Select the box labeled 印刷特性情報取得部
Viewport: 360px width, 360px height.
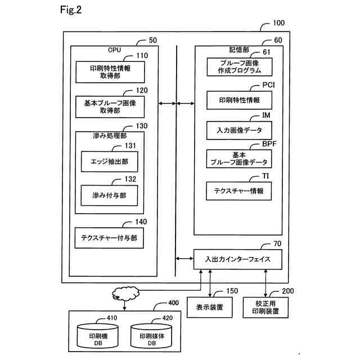point(110,71)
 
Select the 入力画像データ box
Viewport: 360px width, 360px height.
point(240,130)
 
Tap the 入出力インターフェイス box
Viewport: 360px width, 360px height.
point(238,259)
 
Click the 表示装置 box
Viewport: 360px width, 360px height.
point(210,307)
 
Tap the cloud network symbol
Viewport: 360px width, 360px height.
point(124,292)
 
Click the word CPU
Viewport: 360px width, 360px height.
point(114,49)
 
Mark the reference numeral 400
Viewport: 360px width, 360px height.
point(174,304)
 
